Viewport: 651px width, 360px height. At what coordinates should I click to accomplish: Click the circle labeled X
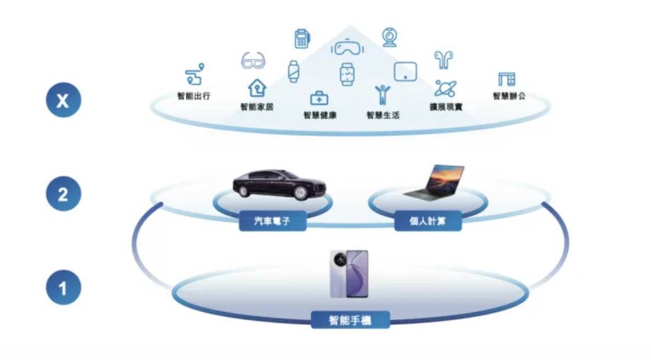tap(63, 100)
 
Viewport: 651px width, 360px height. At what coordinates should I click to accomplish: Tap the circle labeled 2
tap(63, 194)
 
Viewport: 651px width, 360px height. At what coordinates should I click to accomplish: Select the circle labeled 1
tap(63, 287)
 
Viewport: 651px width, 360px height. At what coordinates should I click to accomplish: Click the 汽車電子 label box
tap(273, 221)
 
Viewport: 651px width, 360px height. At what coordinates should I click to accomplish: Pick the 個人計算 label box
tap(427, 221)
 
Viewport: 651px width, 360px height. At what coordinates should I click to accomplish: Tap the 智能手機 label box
tap(350, 320)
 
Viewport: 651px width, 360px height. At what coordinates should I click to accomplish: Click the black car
tap(279, 184)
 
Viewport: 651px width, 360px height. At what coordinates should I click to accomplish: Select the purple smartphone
tap(349, 274)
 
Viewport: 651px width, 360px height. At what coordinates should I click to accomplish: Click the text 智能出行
tap(194, 96)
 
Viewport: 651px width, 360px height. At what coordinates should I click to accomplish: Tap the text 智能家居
tap(257, 107)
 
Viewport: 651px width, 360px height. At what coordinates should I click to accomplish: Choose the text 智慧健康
tap(319, 115)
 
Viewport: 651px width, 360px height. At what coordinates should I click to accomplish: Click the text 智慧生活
tap(383, 115)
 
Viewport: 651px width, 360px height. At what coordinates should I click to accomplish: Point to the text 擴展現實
tap(446, 107)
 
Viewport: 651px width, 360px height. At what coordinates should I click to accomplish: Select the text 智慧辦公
tap(509, 96)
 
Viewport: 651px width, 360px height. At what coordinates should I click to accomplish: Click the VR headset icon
tap(348, 47)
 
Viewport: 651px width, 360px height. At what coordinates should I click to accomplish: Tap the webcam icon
tap(389, 37)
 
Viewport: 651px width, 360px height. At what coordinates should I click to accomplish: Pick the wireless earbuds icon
tap(443, 59)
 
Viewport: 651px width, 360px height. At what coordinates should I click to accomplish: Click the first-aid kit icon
tap(319, 99)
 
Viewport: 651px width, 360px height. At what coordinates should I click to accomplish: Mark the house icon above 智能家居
tap(257, 88)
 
